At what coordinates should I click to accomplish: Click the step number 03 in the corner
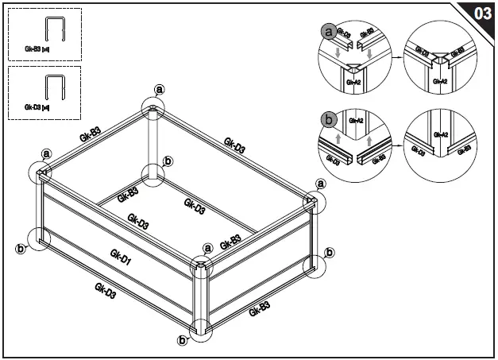(x=481, y=14)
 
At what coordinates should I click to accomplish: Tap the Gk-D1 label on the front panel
(x=121, y=259)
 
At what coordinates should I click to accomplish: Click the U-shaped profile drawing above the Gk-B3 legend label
(x=54, y=31)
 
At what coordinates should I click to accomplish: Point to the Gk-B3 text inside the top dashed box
(x=28, y=49)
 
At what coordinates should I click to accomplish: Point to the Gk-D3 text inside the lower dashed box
(x=28, y=106)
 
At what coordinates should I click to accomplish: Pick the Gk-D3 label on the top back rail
(x=234, y=145)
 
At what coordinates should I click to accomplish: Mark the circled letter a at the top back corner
(x=159, y=90)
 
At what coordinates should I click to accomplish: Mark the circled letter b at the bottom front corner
(x=182, y=341)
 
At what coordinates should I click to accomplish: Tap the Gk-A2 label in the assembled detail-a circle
(x=442, y=81)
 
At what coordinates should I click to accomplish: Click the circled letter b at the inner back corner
(x=167, y=161)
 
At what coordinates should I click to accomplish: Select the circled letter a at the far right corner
(x=321, y=184)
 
